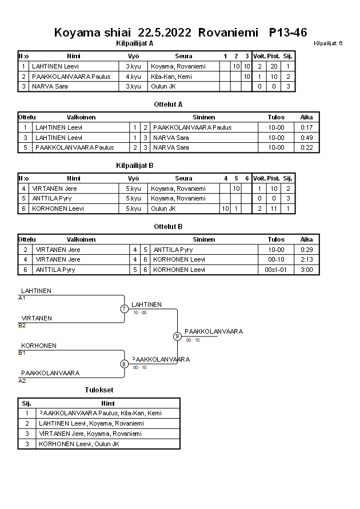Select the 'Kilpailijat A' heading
[x=135, y=43]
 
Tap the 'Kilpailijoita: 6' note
[x=328, y=43]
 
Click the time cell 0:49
[x=306, y=138]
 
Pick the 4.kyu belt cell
[x=133, y=77]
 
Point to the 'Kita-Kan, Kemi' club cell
[x=171, y=77]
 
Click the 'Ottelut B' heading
[x=168, y=227]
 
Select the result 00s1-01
[x=276, y=270]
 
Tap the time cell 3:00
[x=306, y=270]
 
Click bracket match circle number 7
[x=125, y=309]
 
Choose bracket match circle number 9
[x=177, y=336]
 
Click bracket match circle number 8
[x=124, y=364]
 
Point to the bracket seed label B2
[x=22, y=326]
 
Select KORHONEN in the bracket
[x=39, y=346]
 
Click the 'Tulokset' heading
[x=99, y=390]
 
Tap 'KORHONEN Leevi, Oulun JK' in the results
[x=79, y=444]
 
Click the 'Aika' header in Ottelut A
[x=306, y=117]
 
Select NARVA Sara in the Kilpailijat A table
[x=46, y=86]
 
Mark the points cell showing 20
[x=274, y=66]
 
